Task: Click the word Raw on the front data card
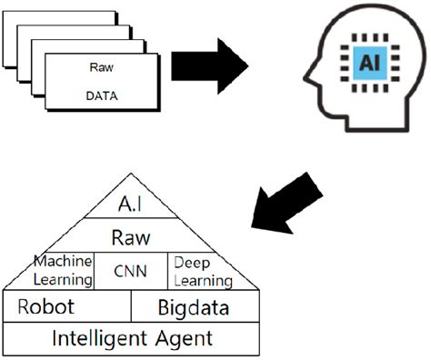[102, 67]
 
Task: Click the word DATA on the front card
[102, 95]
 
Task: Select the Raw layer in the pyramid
[130, 237]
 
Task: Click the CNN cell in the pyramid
[132, 271]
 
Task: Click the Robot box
[45, 306]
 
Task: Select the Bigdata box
[192, 308]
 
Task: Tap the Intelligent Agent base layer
[132, 339]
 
